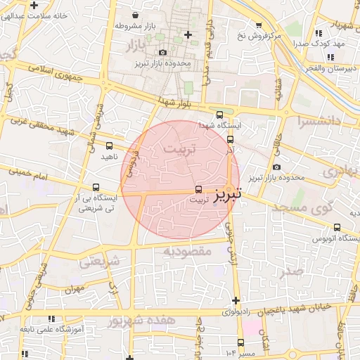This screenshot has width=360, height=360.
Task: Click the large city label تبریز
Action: [228, 191]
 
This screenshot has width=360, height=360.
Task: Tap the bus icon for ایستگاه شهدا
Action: [219, 114]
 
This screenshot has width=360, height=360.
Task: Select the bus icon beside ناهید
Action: [109, 146]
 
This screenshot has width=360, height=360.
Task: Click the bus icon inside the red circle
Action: [198, 189]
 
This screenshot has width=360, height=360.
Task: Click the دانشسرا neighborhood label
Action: [319, 121]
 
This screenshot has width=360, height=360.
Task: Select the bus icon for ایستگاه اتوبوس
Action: [337, 227]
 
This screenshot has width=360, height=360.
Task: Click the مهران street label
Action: [74, 289]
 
